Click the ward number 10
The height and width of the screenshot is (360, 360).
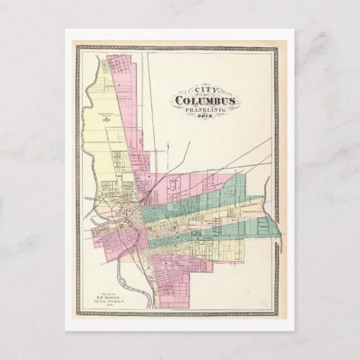(119, 176)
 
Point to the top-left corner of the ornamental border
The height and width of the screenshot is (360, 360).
(78, 48)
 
